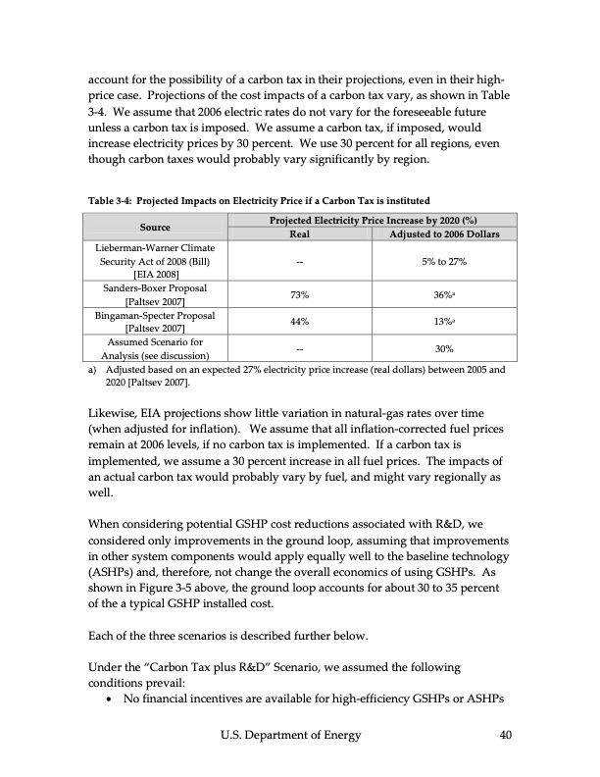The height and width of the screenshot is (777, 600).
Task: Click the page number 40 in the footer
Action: tap(506, 735)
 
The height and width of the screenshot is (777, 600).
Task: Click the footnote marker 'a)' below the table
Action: tap(93, 371)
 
